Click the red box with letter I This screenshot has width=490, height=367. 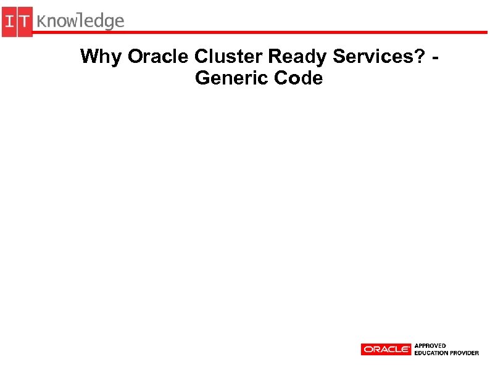[x=9, y=22]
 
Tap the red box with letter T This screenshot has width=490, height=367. [x=25, y=22]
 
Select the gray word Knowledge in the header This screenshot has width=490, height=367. [x=80, y=22]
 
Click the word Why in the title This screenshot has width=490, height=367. [x=101, y=57]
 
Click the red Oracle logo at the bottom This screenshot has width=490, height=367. [x=386, y=349]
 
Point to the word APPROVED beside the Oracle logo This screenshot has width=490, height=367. [x=431, y=345]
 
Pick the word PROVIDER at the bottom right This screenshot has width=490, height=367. [x=465, y=353]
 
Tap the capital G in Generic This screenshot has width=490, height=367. [x=202, y=78]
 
